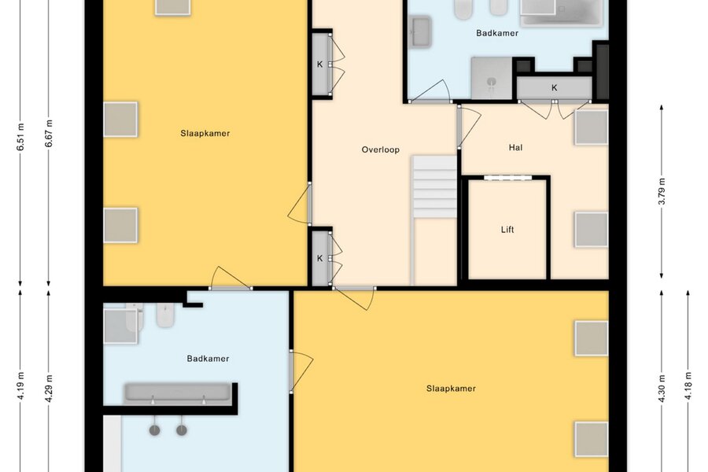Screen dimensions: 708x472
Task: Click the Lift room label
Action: pos(507,230)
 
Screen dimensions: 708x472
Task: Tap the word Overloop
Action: pos(380,149)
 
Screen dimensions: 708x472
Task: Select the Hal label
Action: pos(515,147)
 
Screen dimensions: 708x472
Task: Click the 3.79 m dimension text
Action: pos(662,191)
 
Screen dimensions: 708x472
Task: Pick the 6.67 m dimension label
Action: pos(49,134)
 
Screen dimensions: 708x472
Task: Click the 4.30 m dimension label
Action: pos(662,388)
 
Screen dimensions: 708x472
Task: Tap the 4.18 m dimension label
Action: pos(688,385)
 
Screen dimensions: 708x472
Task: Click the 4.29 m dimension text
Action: pos(49,388)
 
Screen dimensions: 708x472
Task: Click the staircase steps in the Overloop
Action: pos(435,187)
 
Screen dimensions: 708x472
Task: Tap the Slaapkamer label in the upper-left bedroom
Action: pos(205,133)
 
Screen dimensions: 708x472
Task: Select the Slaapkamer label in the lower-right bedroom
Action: pos(451,389)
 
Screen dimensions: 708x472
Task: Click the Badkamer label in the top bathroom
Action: pos(497,33)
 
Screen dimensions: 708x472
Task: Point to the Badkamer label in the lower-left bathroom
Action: pos(208,359)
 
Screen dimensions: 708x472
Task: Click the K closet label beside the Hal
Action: pos(554,88)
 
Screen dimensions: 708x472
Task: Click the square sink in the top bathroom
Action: pos(421,31)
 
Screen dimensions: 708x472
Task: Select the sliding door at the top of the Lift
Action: pos(507,178)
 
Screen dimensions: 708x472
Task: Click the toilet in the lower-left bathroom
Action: pos(165,314)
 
